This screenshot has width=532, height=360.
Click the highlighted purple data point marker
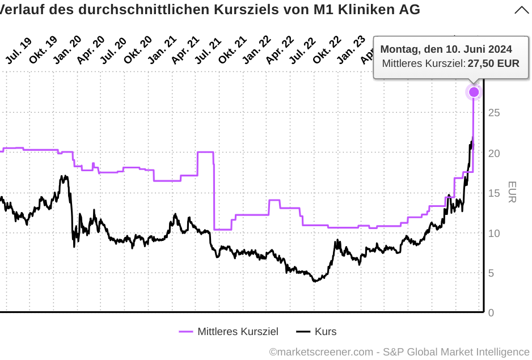click(474, 92)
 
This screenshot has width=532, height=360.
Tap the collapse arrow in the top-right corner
click(522, 10)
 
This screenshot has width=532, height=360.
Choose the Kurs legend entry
click(317, 332)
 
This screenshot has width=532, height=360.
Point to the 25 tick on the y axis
click(493, 113)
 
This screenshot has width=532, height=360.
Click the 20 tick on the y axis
click(493, 153)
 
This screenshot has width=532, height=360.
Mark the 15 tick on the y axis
click(493, 193)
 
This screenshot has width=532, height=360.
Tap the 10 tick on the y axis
click(493, 233)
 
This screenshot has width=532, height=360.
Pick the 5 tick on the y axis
click(491, 273)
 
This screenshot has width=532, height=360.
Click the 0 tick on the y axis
click(491, 313)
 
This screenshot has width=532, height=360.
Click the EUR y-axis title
click(512, 192)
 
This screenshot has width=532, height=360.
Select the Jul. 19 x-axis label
click(18, 50)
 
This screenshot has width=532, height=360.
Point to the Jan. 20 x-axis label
click(67, 50)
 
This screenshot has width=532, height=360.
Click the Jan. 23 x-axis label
click(351, 50)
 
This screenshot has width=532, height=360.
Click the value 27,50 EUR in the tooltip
click(493, 63)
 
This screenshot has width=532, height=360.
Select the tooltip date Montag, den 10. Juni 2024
click(446, 49)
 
